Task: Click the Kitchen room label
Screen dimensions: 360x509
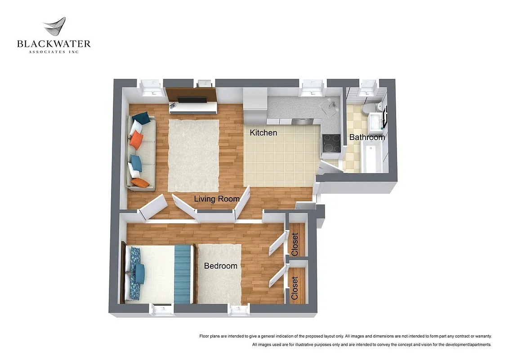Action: point(263,133)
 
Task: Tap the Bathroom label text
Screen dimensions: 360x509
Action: point(367,137)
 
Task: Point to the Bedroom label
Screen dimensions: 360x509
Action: point(220,266)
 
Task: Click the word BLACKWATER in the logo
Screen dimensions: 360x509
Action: point(54,44)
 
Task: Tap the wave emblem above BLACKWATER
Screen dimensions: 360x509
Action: point(55,27)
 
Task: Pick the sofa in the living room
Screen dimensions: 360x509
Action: point(141,153)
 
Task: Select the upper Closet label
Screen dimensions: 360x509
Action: point(295,244)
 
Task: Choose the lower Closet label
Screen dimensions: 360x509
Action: point(295,288)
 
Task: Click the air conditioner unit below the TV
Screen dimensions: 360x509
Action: point(192,107)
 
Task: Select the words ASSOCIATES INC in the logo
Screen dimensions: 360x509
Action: point(54,52)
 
